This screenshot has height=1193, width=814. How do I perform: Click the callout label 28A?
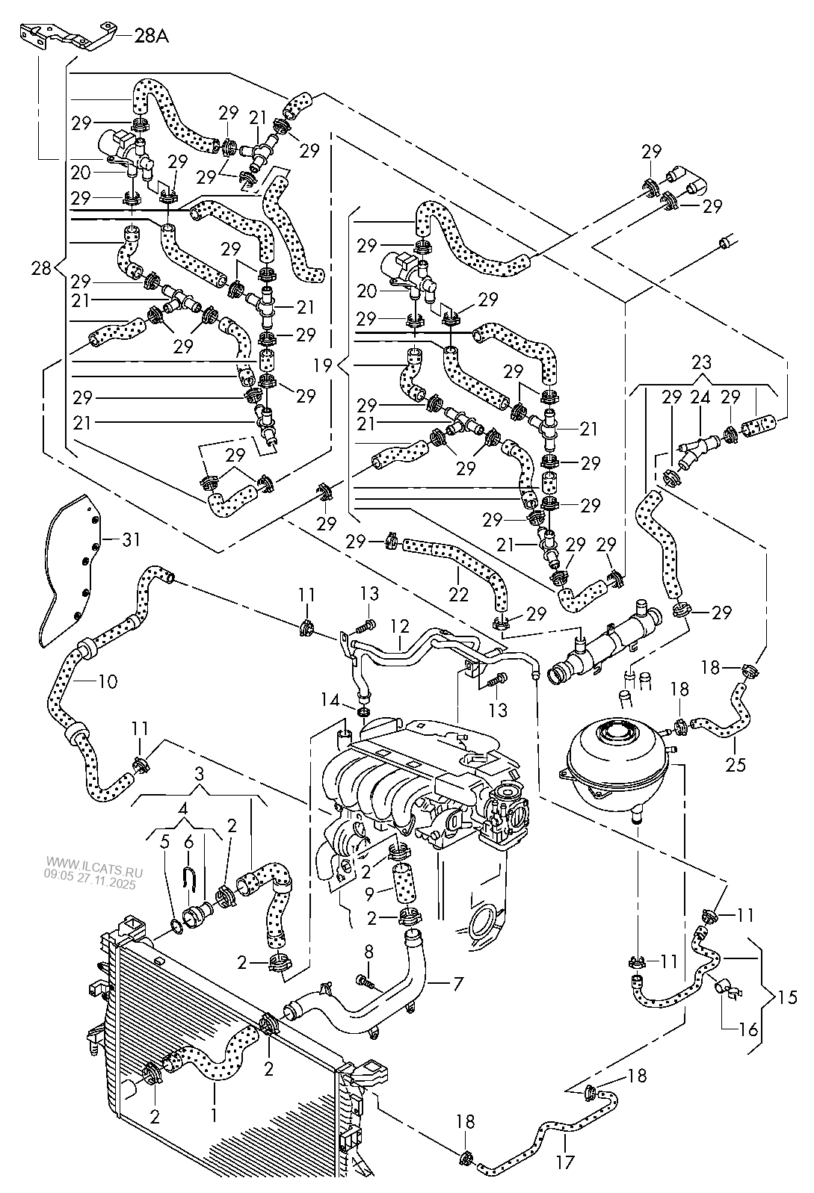tap(152, 36)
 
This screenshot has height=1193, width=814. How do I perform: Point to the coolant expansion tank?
tap(622, 766)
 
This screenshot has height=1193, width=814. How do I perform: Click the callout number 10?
tap(108, 681)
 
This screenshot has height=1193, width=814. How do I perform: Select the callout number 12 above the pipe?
tap(400, 626)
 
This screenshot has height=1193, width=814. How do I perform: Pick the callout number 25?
tap(735, 764)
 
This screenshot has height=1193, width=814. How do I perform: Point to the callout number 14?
tap(330, 700)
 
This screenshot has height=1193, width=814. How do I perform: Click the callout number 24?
tap(701, 397)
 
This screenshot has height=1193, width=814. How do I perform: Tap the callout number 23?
tap(702, 363)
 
